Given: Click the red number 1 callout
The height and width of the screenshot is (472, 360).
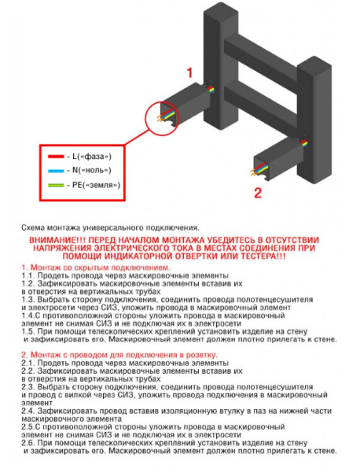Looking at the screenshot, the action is pyautogui.click(x=189, y=73).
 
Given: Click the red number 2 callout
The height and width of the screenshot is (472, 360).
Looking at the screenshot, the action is pyautogui.click(x=258, y=193).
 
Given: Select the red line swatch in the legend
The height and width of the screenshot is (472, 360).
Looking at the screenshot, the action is pyautogui.click(x=56, y=157).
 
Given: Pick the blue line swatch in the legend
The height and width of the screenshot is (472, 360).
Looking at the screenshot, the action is pyautogui.click(x=56, y=171).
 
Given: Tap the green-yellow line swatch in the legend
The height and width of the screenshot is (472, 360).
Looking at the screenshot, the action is pyautogui.click(x=56, y=185).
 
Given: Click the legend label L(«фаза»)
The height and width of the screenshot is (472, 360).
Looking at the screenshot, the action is pyautogui.click(x=92, y=157).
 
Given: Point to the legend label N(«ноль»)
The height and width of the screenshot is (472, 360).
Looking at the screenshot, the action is pyautogui.click(x=92, y=171).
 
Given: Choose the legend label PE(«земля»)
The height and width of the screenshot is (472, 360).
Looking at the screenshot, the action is pyautogui.click(x=96, y=185).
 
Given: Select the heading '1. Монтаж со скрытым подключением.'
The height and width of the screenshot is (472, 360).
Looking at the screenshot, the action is pyautogui.click(x=96, y=267).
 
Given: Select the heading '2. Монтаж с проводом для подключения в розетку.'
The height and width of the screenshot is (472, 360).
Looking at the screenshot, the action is pyautogui.click(x=119, y=355).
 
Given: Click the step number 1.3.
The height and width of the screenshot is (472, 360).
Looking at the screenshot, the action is pyautogui.click(x=28, y=300).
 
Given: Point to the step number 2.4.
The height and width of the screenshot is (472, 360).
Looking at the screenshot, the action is pyautogui.click(x=28, y=411).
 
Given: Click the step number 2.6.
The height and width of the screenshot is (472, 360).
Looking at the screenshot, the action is pyautogui.click(x=28, y=443).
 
